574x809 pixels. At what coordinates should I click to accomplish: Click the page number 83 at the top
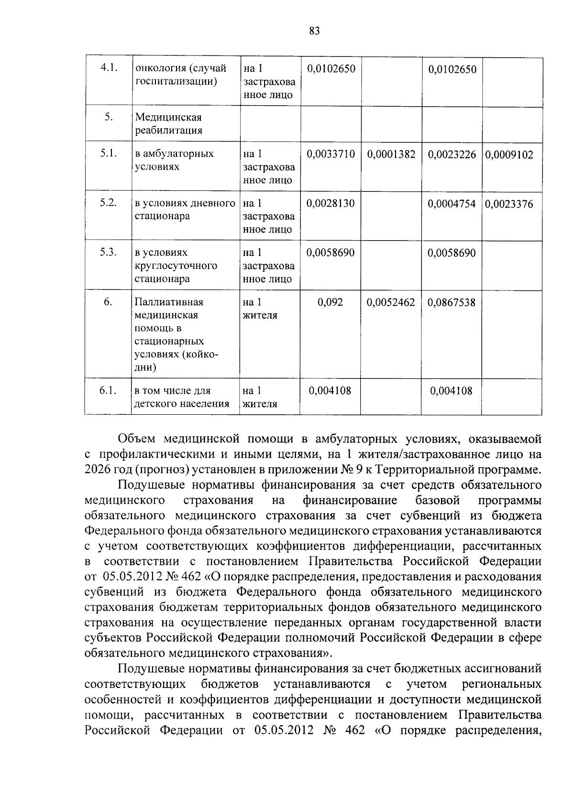(314, 31)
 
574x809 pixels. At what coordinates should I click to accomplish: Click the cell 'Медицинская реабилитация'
(168, 124)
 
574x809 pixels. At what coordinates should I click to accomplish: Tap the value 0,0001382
(391, 154)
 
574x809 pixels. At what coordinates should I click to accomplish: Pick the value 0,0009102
(509, 155)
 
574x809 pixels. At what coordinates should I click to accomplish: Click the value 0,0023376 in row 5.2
(509, 204)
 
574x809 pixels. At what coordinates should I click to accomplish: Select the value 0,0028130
(331, 203)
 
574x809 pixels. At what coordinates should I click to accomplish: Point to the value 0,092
(331, 302)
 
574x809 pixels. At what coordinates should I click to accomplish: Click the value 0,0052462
(391, 302)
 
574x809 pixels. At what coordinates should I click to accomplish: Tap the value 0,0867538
(452, 302)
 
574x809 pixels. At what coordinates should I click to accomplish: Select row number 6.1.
(109, 390)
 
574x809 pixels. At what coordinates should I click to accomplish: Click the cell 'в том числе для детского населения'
(182, 397)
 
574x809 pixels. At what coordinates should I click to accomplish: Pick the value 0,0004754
(452, 204)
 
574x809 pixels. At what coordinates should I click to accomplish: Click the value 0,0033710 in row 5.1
(331, 154)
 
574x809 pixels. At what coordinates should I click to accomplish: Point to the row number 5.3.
(109, 252)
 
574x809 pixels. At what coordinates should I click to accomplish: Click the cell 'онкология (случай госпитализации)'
(181, 75)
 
